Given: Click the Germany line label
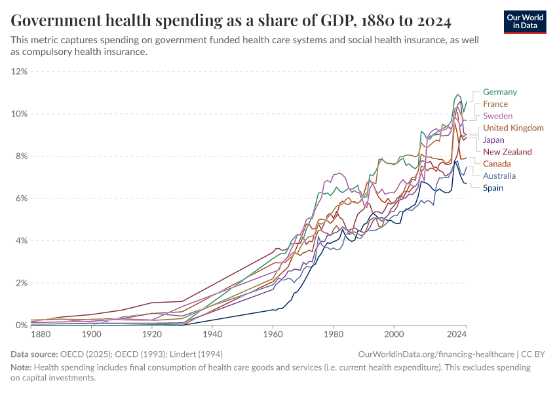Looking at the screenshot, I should coord(499,92).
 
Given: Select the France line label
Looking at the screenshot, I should coord(495,104).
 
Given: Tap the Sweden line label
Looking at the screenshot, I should coord(497,116).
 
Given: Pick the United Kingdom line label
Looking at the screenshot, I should coord(513,128).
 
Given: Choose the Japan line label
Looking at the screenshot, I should coord(493,140).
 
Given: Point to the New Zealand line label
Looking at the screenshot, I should coord(507,152).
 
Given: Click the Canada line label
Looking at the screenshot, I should coord(497,164).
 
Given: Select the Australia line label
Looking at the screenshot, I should coord(499,176).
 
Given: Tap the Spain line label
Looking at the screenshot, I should coord(493,188).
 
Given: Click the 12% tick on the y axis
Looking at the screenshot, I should coord(20,71).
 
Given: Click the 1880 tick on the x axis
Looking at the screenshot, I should coord(41,335).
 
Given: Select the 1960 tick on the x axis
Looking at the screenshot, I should coord(273,335).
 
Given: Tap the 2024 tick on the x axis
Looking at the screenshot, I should coord(457,335).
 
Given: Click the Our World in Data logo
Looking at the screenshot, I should coord(525,22).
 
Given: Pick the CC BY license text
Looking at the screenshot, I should coord(534,354).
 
